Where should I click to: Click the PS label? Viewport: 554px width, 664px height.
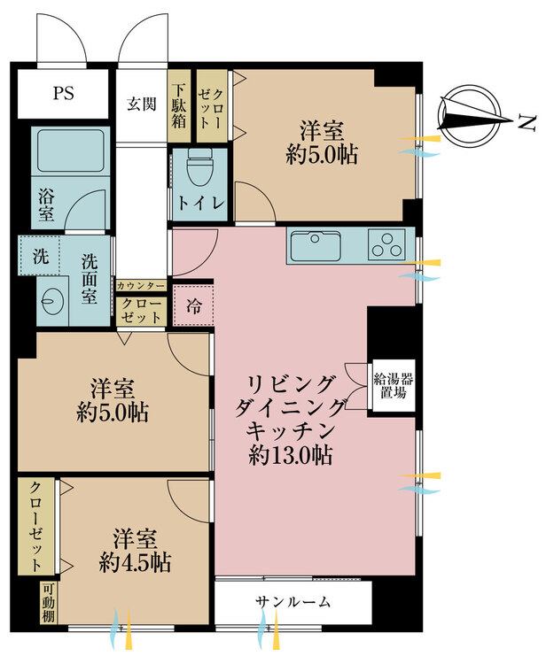(64, 93)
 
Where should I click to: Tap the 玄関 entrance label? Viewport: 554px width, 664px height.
(142, 104)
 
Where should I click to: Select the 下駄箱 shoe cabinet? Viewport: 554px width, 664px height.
(179, 106)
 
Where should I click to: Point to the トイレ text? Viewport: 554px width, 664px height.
(200, 203)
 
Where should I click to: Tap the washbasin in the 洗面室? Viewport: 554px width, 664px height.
(53, 301)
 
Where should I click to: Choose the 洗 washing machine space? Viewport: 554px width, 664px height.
(40, 256)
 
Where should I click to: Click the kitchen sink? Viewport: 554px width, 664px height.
(316, 245)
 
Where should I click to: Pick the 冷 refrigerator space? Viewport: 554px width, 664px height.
(194, 306)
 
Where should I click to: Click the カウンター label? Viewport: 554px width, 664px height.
(141, 286)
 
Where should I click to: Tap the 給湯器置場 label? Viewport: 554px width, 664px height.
(394, 385)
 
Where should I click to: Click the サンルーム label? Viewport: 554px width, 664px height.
(293, 602)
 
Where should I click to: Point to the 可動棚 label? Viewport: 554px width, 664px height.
(49, 603)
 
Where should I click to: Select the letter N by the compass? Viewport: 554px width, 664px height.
(527, 122)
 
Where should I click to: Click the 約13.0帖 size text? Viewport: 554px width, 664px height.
(291, 456)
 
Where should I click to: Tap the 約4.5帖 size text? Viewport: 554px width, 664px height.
(136, 563)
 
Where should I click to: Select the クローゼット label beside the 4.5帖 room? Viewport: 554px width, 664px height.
(36, 527)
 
